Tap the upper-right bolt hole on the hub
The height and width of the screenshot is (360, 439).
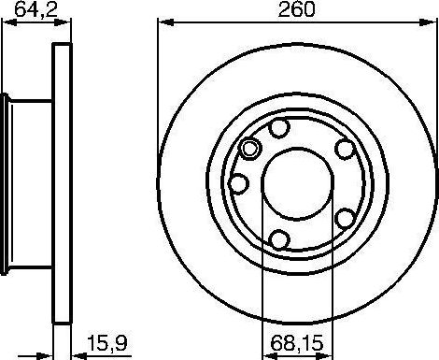pos(345,149)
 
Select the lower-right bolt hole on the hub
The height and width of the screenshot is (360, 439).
pos(344,218)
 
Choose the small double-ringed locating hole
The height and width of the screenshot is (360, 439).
pos(249,148)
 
